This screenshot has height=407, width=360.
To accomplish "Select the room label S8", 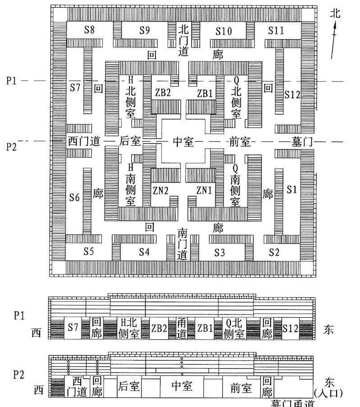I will pyautogui.click(x=89, y=31).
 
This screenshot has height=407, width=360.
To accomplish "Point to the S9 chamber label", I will pyautogui.click(x=144, y=31).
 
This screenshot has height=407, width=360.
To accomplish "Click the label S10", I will pyautogui.click(x=223, y=31).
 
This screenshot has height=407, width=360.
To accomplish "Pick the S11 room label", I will pyautogui.click(x=276, y=31).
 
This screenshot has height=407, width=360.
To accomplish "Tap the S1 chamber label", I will pyautogui.click(x=292, y=190).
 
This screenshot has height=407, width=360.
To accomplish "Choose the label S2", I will pyautogui.click(x=274, y=252).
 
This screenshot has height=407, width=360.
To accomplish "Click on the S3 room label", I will pyautogui.click(x=219, y=252).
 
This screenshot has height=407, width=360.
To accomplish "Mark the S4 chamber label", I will pyautogui.click(x=144, y=252).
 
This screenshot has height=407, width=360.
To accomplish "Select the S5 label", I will pyautogui.click(x=89, y=251).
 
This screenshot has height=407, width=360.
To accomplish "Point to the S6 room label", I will pyautogui.click(x=74, y=197).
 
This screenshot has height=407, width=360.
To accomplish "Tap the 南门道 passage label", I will pyautogui.click(x=183, y=244).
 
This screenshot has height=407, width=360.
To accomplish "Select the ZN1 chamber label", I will pyautogui.click(x=204, y=191).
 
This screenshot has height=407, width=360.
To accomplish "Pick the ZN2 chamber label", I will pyautogui.click(x=160, y=191).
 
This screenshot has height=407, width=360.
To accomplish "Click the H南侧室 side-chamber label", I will pyautogui.click(x=131, y=185).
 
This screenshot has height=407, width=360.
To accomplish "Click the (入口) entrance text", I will pyautogui.click(x=335, y=391).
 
